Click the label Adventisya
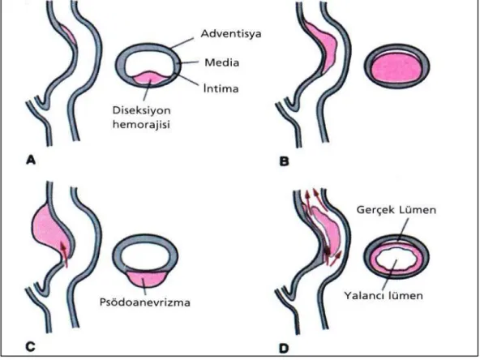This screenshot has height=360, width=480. (x=231, y=34)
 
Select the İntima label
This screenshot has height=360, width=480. (x=221, y=88)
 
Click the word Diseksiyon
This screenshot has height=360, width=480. (x=141, y=110)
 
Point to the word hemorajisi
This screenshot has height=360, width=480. (x=141, y=125)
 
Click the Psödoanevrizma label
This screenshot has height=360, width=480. (x=145, y=302)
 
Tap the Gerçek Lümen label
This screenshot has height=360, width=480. (x=396, y=210)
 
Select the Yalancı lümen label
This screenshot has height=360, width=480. (x=384, y=296)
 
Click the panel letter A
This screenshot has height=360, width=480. (x=31, y=160)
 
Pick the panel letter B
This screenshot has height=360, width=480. (x=284, y=161)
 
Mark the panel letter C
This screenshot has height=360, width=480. (x=31, y=347)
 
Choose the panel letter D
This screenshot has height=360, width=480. (x=284, y=349)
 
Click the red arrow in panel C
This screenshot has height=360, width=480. (x=64, y=254)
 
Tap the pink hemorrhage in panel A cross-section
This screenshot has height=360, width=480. (x=150, y=78)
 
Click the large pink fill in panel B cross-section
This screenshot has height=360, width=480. (x=396, y=67)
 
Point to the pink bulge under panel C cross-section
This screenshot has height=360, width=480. (x=146, y=279)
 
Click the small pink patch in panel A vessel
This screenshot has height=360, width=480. (x=69, y=34)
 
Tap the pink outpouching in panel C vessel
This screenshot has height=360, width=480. (x=49, y=226)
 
